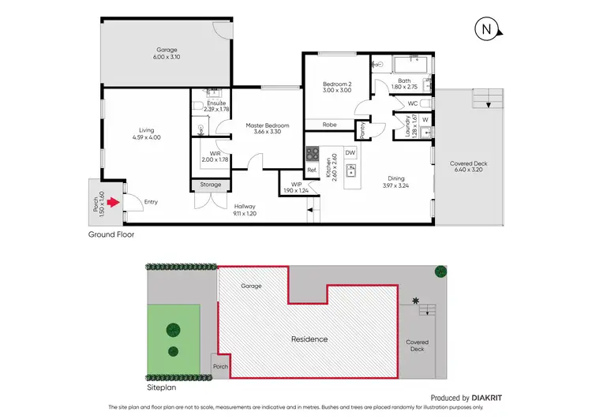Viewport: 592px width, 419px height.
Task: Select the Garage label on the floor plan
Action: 166,49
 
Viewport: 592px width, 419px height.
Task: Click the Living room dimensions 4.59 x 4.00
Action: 147,138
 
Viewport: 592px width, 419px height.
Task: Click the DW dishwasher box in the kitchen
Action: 350,152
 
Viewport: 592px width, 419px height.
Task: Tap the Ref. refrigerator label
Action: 312,170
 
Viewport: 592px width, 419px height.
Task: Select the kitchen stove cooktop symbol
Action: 313,153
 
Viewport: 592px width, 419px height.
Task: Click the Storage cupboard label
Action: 211,185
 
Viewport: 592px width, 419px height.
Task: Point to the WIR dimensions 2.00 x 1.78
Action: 215,160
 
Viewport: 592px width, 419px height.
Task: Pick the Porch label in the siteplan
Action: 220,366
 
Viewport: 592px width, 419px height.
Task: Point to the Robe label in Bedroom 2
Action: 330,124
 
